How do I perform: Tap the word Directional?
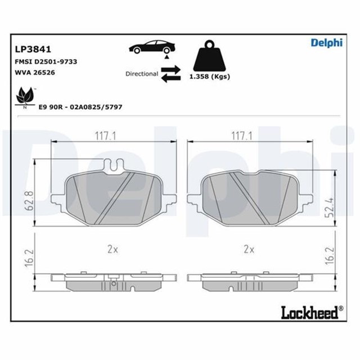click(141, 74)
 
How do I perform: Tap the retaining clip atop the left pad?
click(116, 165)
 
